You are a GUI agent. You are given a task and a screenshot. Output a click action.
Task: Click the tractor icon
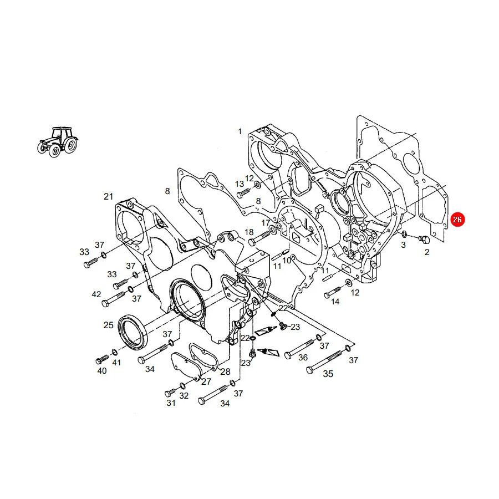pos(58,142)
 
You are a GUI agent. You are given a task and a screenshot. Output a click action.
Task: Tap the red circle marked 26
pos(457,219)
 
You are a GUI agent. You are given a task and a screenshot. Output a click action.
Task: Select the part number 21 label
pos(109,196)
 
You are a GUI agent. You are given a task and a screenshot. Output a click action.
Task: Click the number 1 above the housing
pos(240,131)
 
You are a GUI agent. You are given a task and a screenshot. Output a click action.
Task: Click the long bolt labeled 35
pos(325,361)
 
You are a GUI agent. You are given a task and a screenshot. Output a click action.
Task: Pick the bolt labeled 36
pos(301,349)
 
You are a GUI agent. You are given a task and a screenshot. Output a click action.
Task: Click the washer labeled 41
pos(115,352)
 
